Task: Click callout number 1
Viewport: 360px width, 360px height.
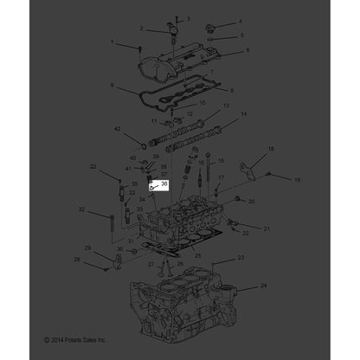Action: (x=112, y=41)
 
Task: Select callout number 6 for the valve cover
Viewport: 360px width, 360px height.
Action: (x=247, y=51)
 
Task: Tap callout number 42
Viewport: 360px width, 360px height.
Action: (x=118, y=130)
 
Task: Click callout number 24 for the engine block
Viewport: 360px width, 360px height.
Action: (x=263, y=285)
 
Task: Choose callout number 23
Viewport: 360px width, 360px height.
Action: (x=241, y=258)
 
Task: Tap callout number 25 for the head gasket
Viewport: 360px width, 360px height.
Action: (x=197, y=256)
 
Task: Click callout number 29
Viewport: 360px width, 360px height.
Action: (x=101, y=259)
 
